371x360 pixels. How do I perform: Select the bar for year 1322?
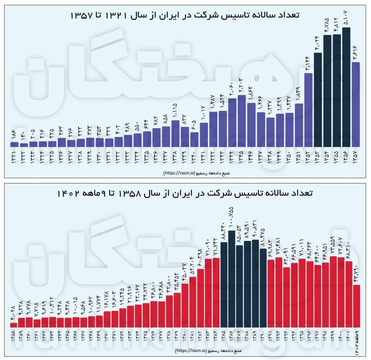(24, 144)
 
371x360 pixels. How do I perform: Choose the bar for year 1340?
(195, 139)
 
